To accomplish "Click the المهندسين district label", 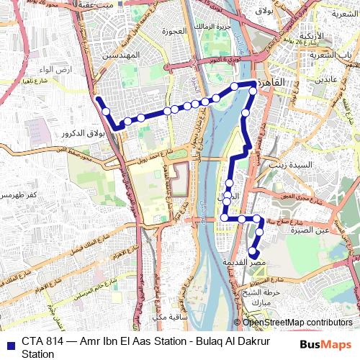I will tap(120, 55).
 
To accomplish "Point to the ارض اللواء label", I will tap(37, 69).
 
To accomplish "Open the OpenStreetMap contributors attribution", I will tap(297, 323).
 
